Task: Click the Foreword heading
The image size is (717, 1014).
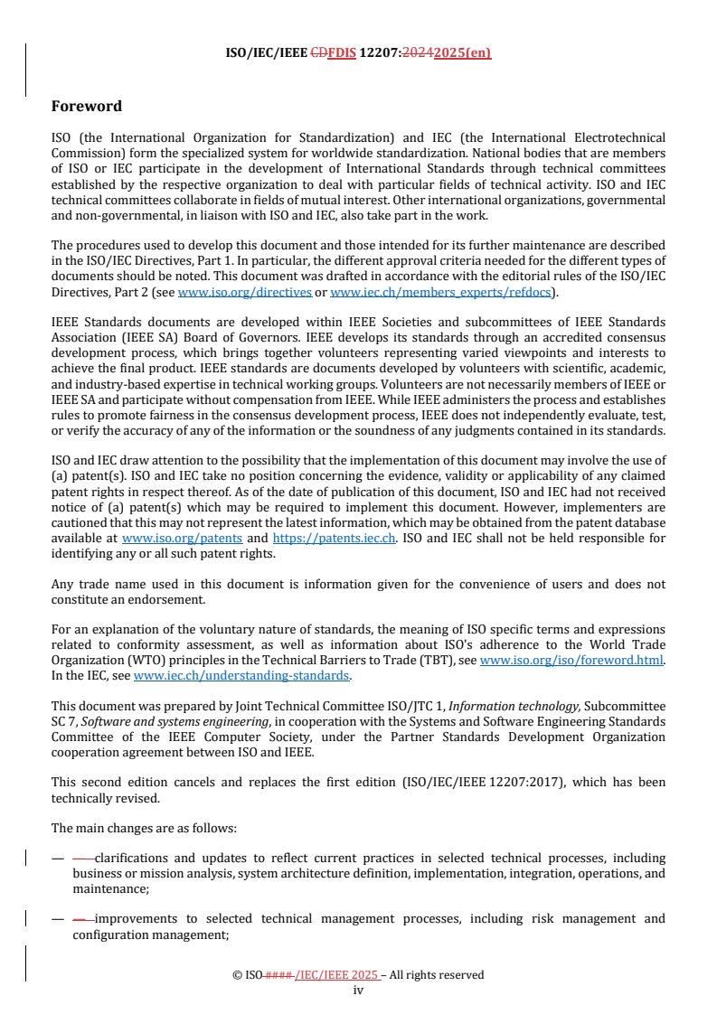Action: point(87,107)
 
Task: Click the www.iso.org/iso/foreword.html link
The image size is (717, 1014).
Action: point(571,661)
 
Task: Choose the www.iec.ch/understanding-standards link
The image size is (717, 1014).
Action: point(242,674)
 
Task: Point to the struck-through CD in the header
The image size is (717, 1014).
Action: point(318,52)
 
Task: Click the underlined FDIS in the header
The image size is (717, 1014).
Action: point(342,52)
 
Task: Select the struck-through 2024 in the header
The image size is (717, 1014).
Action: point(420,52)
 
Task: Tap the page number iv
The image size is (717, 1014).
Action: point(358,990)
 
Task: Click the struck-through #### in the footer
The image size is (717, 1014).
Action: point(278,975)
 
